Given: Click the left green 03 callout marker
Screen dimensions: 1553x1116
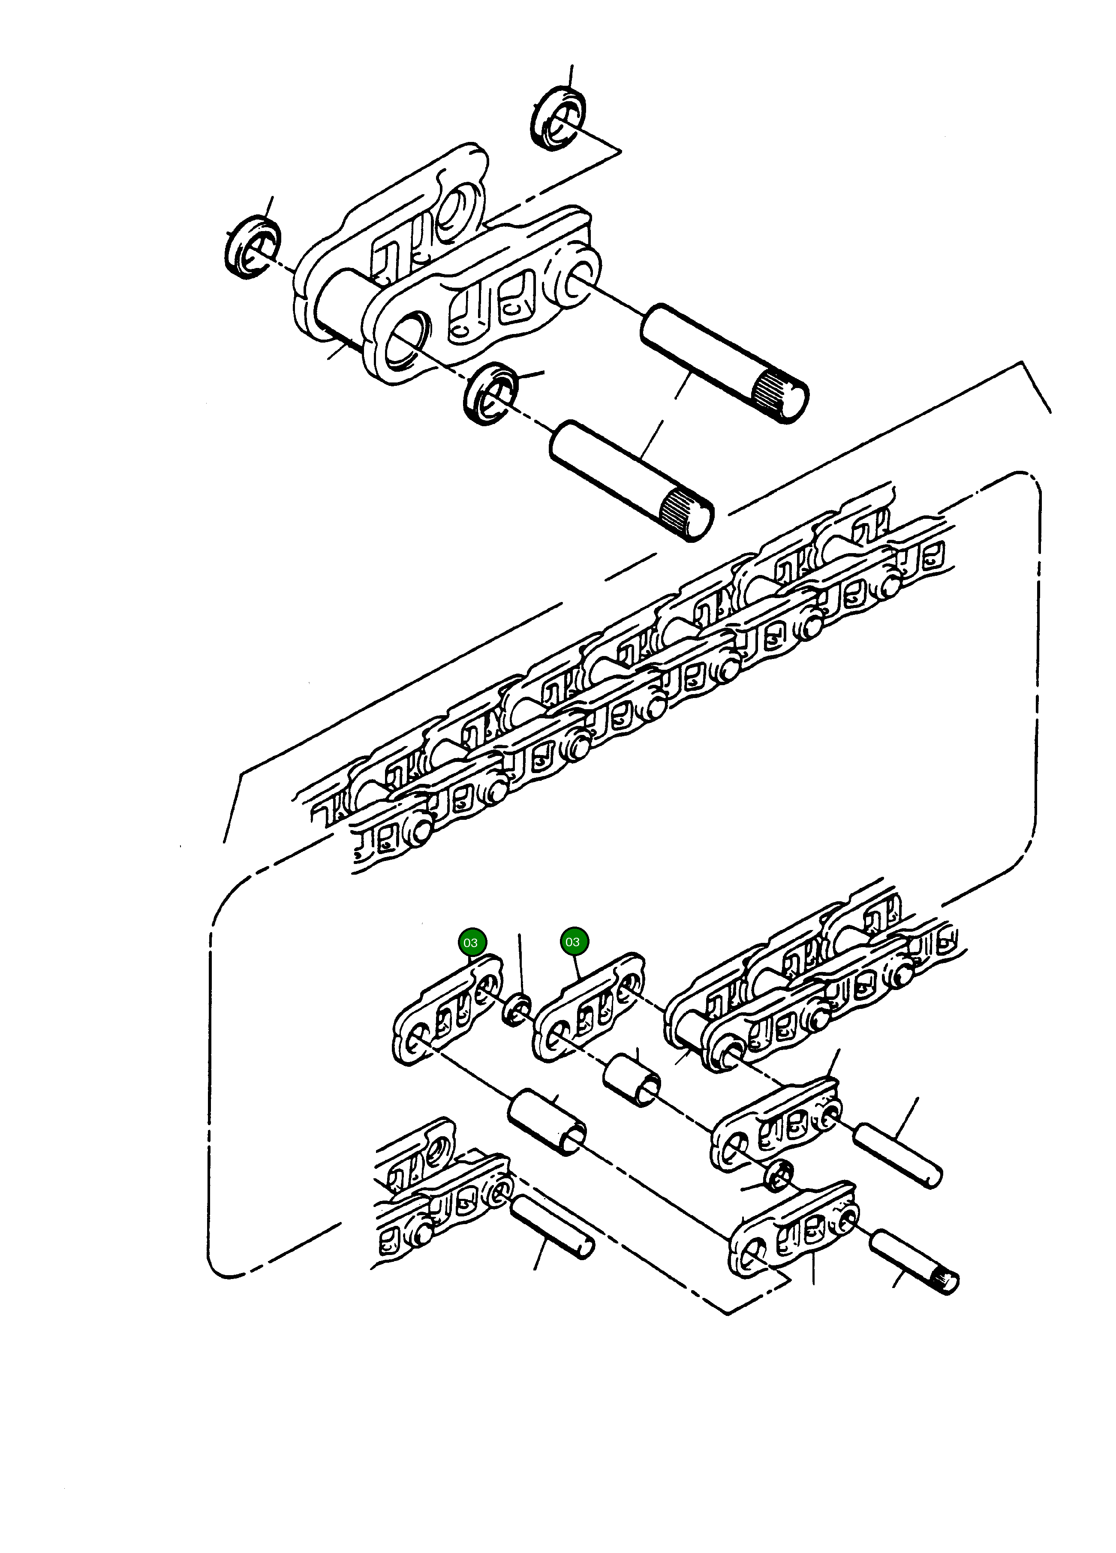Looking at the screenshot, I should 470,943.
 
